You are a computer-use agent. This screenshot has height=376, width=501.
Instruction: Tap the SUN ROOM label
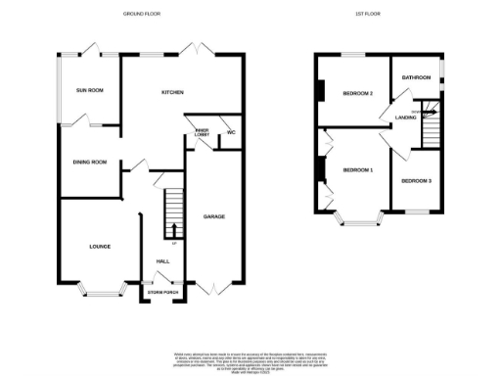(x=90, y=91)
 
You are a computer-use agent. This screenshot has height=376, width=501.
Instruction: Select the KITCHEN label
(x=174, y=92)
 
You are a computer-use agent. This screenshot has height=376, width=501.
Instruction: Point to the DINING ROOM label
(x=89, y=162)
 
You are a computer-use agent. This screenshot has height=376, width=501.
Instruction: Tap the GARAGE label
(x=214, y=215)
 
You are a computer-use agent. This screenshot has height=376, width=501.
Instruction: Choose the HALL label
(x=162, y=261)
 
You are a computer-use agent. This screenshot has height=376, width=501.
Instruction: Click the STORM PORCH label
(x=161, y=293)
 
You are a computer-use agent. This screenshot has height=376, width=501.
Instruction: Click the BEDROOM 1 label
(x=358, y=170)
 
